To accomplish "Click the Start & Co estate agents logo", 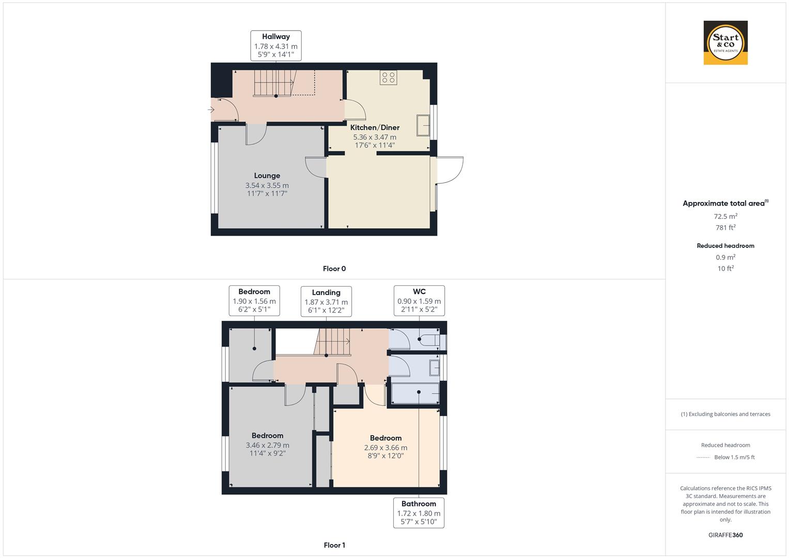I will (x=725, y=43).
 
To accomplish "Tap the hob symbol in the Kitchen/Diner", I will (x=389, y=78).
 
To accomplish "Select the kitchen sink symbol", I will (x=423, y=125).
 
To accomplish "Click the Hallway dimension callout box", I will (x=276, y=45).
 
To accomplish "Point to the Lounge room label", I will (x=267, y=176).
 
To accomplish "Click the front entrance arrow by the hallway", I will (x=211, y=110).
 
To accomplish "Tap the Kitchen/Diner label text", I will (x=375, y=128).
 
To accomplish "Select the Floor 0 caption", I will (x=334, y=269).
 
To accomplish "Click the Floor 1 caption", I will (x=334, y=545).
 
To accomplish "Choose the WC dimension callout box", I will (x=419, y=301).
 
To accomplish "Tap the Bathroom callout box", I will (x=419, y=513).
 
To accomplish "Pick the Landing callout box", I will (x=326, y=302).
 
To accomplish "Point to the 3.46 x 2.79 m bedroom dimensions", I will (x=268, y=445).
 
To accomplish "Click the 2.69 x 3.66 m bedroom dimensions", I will (x=385, y=448).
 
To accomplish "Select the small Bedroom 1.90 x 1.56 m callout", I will (x=254, y=301).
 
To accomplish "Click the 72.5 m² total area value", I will (x=725, y=216).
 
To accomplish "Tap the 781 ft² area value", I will (x=725, y=227).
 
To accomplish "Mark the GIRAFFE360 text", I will (x=725, y=535).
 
